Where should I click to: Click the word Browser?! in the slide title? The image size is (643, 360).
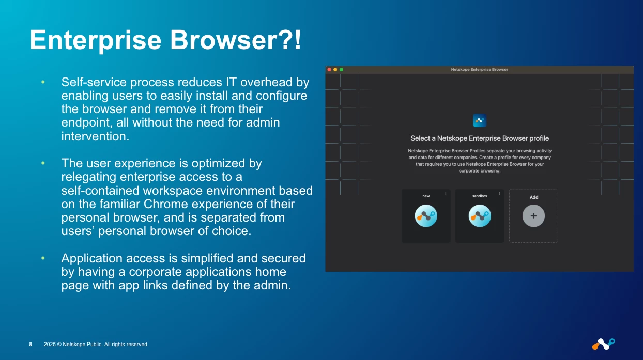[x=236, y=40]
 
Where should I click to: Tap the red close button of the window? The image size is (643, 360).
[x=329, y=69]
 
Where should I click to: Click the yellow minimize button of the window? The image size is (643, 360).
[x=335, y=69]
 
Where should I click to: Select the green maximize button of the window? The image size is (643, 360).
[x=341, y=69]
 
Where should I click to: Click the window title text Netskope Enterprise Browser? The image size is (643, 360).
[x=479, y=69]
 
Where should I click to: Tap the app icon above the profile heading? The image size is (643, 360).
[x=480, y=120]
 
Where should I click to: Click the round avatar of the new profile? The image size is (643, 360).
[x=426, y=216]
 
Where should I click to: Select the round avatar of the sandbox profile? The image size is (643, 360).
[x=480, y=216]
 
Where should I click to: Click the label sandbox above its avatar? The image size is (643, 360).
[x=480, y=196]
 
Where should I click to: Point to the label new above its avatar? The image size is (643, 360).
[x=426, y=196]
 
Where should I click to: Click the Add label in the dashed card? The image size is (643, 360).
[x=533, y=197]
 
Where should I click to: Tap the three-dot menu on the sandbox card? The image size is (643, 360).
[x=499, y=194]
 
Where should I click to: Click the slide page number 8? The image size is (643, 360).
[x=30, y=344]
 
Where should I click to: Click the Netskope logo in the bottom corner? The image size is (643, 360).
[x=603, y=343]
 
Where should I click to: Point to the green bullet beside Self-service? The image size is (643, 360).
[x=43, y=82]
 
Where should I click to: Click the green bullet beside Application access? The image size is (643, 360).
[x=43, y=258]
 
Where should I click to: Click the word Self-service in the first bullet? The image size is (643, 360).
[x=94, y=82]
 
